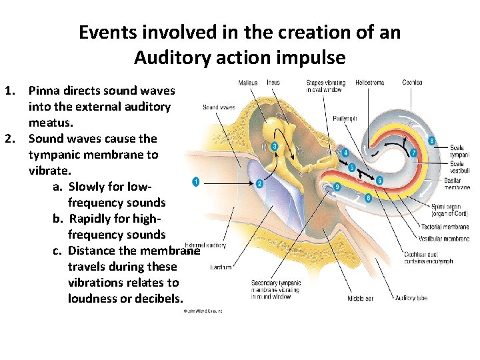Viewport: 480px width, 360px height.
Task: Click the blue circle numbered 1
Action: (196, 181)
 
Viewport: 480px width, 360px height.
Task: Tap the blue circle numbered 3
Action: (274, 146)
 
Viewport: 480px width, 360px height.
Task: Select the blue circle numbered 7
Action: (413, 153)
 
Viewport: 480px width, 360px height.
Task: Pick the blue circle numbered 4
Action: (345, 153)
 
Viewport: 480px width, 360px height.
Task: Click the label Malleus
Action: (248, 83)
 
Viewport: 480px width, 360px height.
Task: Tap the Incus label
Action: (273, 83)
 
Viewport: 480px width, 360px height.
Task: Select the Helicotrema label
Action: (369, 83)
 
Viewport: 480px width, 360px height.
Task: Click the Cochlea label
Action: (412, 83)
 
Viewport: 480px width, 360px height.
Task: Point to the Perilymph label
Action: (345, 119)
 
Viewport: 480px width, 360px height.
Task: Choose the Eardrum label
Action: (221, 267)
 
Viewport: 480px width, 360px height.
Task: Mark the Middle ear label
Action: (360, 299)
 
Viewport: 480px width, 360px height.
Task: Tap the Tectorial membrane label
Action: (445, 227)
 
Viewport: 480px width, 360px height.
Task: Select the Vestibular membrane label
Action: (444, 238)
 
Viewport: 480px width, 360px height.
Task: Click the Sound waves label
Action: (219, 107)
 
